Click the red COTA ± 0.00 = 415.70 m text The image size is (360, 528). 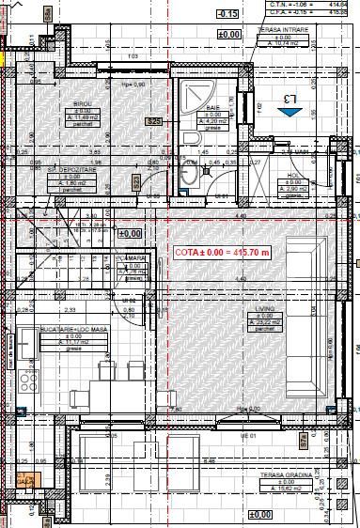pyautogui.click(x=223, y=253)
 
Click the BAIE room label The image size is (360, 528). pyautogui.click(x=214, y=109)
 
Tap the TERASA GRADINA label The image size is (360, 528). pyautogui.click(x=287, y=475)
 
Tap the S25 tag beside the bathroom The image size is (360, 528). pyautogui.click(x=153, y=121)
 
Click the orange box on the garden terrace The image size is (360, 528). pyautogui.click(x=25, y=481)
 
